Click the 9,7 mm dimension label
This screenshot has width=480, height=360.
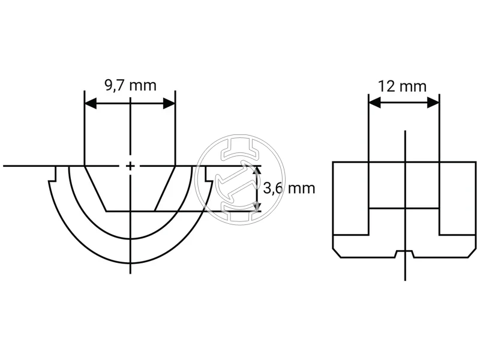click(131, 85)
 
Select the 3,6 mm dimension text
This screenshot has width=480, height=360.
click(289, 188)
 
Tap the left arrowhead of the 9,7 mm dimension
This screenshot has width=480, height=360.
click(91, 103)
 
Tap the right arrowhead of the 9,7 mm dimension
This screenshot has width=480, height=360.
click(169, 103)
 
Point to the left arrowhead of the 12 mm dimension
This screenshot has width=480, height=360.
click(375, 103)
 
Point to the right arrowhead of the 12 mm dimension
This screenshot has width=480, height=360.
click(433, 103)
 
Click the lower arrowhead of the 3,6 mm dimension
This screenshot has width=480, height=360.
click(257, 206)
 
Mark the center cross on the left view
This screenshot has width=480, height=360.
click(130, 166)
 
